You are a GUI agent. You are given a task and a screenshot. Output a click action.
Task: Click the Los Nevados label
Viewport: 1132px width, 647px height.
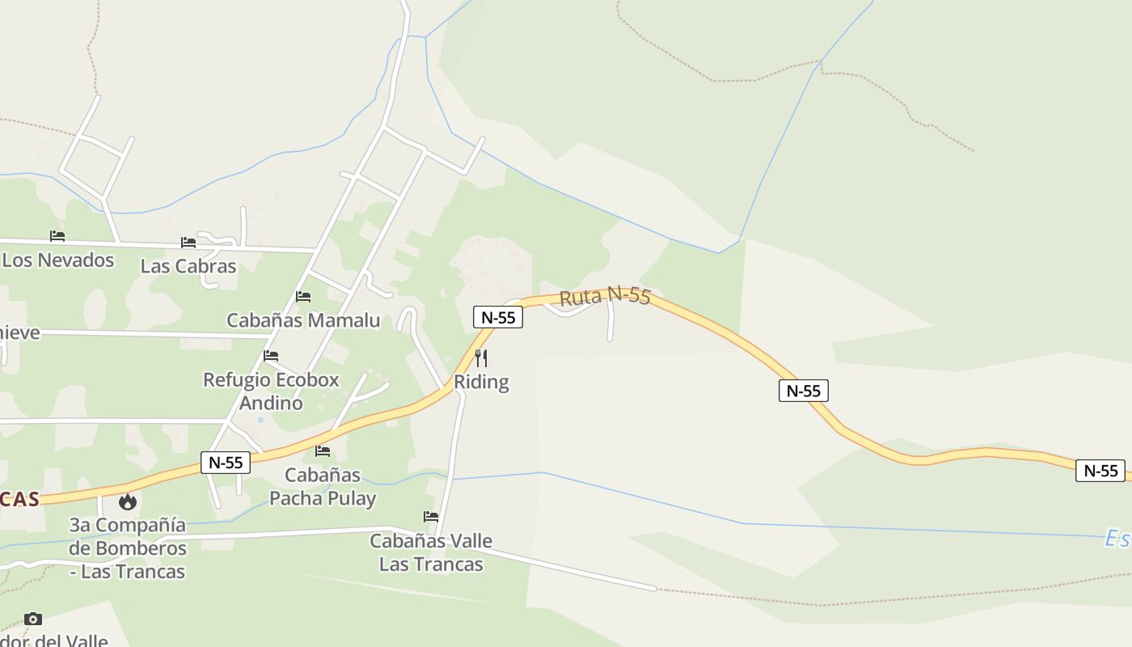point(58,260)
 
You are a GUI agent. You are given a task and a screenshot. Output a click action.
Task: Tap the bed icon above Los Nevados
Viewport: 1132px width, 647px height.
point(57,236)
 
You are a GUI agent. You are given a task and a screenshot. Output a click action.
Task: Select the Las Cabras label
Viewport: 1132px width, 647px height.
point(188,266)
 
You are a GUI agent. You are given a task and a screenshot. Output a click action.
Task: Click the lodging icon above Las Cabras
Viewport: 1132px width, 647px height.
point(188,242)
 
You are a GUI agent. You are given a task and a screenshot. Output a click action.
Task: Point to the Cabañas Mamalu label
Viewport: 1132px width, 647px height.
point(303,320)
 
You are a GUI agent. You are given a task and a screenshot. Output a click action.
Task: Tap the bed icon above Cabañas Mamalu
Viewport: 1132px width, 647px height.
point(303,297)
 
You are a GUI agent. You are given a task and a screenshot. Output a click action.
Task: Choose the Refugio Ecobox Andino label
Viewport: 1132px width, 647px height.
point(271,391)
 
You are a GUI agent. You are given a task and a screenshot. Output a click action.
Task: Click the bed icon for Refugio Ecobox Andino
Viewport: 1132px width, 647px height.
point(271,355)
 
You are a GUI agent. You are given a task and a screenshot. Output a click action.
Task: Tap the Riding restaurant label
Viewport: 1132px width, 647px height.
point(481,382)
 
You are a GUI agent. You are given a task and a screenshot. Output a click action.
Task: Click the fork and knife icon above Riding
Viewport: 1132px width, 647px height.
point(481,357)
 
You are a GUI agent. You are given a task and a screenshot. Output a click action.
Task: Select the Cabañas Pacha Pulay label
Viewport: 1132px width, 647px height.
point(323,486)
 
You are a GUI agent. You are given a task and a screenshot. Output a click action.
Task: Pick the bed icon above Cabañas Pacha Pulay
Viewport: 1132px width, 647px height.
point(323,450)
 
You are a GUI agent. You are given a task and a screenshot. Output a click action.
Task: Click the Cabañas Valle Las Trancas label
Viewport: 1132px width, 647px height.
point(431,552)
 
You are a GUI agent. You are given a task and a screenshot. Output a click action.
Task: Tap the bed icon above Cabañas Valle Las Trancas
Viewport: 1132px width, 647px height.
point(431,516)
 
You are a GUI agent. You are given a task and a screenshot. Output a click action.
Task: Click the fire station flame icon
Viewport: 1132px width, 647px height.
point(127,501)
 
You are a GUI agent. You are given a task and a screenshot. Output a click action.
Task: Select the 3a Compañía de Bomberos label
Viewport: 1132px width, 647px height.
point(128,548)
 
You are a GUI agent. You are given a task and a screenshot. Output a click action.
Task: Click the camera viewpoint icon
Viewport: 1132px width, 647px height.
point(32,619)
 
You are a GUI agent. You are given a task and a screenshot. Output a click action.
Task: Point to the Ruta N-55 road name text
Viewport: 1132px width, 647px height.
point(605,296)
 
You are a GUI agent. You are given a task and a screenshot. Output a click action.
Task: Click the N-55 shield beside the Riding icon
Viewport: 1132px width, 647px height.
point(498,317)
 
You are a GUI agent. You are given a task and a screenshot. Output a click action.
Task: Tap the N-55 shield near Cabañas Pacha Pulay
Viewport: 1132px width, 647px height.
point(226,463)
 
